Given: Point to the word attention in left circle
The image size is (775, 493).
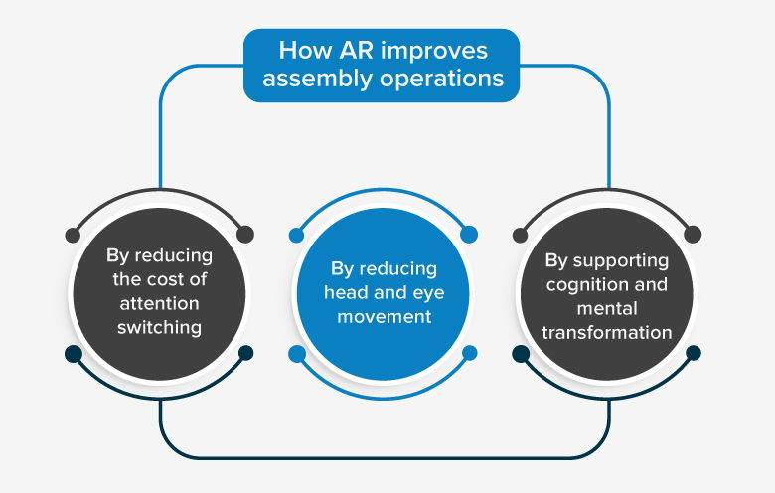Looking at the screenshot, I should click(159, 302).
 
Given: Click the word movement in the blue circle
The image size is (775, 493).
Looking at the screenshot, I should click(384, 317).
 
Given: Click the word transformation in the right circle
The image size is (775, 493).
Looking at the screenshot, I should click(606, 332).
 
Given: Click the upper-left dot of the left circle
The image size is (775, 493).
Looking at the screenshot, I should click(72, 236).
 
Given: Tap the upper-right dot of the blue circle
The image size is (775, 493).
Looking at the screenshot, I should click(470, 235).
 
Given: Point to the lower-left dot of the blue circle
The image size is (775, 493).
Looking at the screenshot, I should click(295, 353).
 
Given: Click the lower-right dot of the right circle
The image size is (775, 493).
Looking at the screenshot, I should click(694, 353).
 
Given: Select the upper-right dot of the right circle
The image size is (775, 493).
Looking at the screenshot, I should click(694, 235).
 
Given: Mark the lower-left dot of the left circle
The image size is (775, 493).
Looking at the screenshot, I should click(72, 353).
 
